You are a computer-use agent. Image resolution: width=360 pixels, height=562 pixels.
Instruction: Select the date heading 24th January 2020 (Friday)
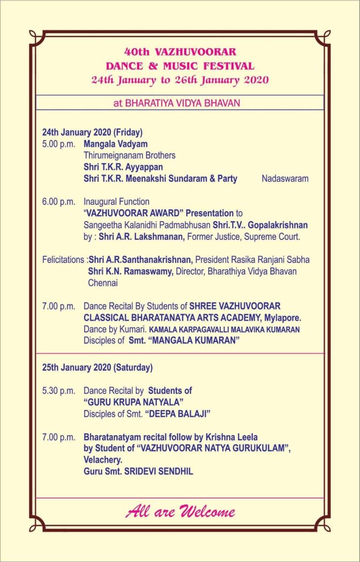92,132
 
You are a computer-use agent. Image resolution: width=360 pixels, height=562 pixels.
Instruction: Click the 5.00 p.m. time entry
59,144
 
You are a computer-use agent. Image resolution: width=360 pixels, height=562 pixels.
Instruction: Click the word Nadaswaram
285,178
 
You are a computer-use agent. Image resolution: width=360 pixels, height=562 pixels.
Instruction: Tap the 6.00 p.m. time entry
59,202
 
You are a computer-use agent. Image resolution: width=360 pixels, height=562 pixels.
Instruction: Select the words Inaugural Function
116,202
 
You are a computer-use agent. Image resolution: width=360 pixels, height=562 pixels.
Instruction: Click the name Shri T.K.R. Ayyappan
123,167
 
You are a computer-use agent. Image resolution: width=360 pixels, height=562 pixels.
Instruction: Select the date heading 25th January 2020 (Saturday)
97,367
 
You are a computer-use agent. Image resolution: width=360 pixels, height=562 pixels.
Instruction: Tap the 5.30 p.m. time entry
59,391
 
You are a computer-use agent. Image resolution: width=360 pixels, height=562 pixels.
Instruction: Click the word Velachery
102,460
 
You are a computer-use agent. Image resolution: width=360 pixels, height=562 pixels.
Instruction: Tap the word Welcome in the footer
206,513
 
